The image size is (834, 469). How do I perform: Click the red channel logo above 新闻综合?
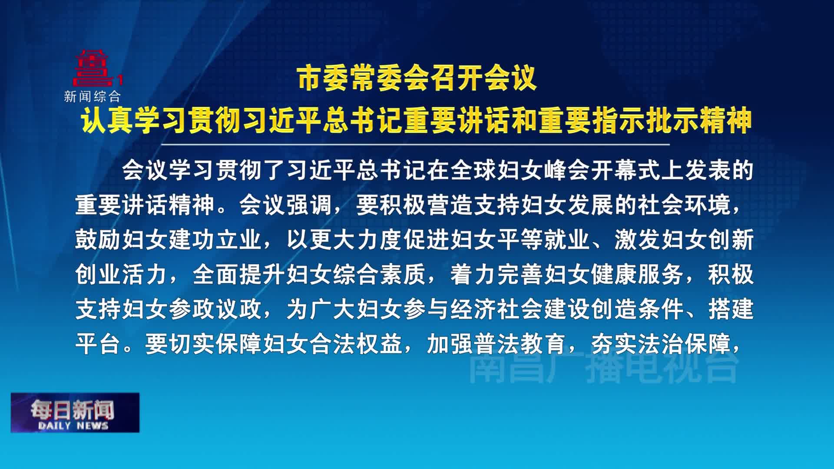(x=93, y=69)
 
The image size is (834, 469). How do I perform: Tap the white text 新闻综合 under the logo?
(x=92, y=96)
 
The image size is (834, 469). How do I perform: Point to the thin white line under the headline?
(x=415, y=144)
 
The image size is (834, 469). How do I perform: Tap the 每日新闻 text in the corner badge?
(x=72, y=409)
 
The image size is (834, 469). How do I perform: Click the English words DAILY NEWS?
(x=73, y=426)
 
